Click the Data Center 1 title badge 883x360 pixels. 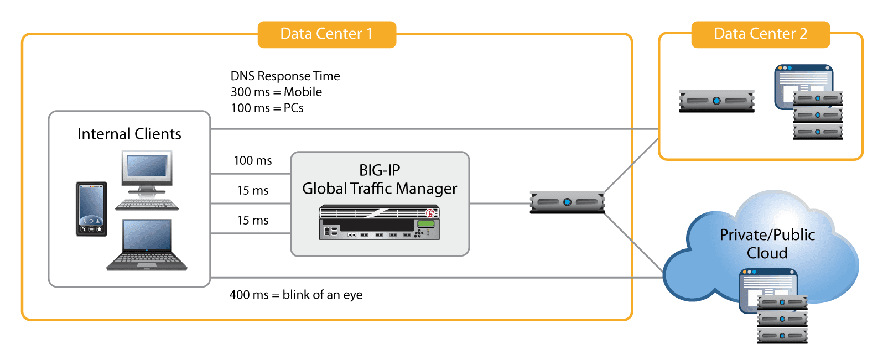(x=326, y=34)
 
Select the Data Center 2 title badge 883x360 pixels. (x=760, y=34)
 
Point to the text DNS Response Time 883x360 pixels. (x=285, y=76)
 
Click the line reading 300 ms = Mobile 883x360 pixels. (x=276, y=92)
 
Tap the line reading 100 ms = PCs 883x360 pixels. (x=267, y=108)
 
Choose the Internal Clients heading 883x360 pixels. (x=129, y=134)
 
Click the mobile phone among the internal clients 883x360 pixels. (x=91, y=209)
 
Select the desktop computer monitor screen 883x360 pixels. (x=147, y=166)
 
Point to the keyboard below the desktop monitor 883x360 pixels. (x=147, y=205)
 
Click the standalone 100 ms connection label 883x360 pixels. (x=252, y=161)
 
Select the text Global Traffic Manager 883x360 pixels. (x=380, y=189)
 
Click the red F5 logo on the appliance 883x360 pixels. (x=430, y=213)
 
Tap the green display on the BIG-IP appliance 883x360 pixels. (x=425, y=223)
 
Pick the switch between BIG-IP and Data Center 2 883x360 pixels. (x=567, y=202)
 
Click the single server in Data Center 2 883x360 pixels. (x=716, y=101)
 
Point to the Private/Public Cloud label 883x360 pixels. (x=767, y=244)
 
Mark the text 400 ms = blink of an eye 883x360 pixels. (x=296, y=295)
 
